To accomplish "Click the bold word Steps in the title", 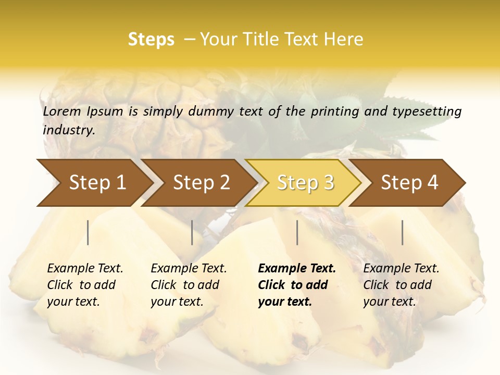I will tap(151, 40).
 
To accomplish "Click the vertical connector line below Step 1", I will tap(88, 232).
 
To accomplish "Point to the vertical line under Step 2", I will tap(192, 232).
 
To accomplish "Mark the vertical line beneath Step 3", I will tap(297, 232).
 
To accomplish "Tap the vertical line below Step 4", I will tap(403, 232).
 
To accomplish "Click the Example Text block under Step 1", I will tap(85, 285).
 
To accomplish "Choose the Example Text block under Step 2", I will tap(189, 285).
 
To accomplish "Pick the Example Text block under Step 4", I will tap(401, 285).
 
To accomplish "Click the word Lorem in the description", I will tap(62, 111).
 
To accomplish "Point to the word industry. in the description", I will tap(69, 130).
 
